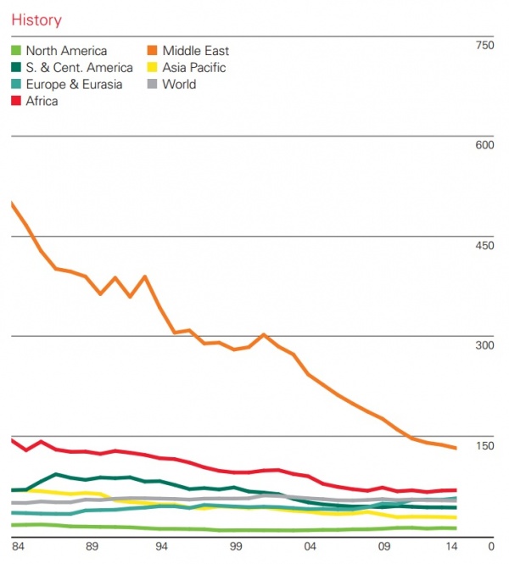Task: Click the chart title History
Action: [36, 20]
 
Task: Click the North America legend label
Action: [66, 51]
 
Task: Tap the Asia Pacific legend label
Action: [193, 67]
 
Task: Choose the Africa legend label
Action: [42, 101]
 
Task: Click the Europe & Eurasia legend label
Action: [74, 84]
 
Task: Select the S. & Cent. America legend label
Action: [79, 67]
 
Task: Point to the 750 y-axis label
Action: [484, 45]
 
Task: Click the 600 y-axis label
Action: [484, 145]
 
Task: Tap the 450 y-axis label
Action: [484, 245]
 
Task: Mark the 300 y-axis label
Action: [484, 345]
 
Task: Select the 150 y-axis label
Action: [484, 446]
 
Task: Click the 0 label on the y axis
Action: [489, 546]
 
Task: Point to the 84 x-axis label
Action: [19, 546]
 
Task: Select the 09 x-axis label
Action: [384, 546]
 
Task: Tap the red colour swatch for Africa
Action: [17, 101]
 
